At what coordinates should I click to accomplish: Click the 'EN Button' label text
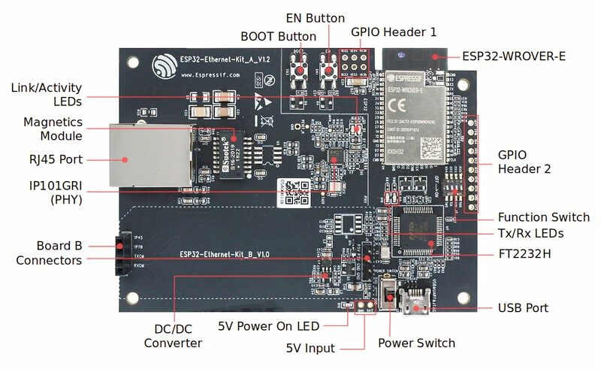pos(316,18)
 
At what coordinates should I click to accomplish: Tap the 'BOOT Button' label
pos(278,36)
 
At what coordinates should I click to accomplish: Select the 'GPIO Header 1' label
pos(394,32)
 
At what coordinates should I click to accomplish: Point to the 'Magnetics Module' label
pos(53,129)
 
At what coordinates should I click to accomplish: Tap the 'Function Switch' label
pos(544,217)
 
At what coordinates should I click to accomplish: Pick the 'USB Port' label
pos(523,308)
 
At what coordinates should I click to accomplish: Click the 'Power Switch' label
pos(416,343)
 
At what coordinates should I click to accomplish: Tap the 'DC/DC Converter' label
pos(174,336)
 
